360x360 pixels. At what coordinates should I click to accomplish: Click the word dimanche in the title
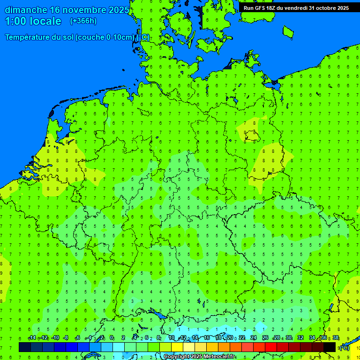tap(25, 10)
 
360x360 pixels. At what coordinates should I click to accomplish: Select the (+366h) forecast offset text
tap(83, 21)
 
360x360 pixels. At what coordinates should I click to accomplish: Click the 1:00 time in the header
tap(16, 21)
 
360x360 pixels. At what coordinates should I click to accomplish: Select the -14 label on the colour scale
tap(32, 338)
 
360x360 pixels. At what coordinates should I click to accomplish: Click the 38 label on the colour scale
tap(336, 338)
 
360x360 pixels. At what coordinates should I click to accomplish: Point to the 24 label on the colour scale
tap(254, 338)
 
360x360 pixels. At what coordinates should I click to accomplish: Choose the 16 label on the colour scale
tap(207, 338)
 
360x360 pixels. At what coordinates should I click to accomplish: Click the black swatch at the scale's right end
tap(330, 347)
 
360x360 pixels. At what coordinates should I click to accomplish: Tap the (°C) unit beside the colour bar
tap(344, 347)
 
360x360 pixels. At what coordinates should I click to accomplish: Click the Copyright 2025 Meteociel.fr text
tap(199, 357)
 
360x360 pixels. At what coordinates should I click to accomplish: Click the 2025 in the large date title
tap(118, 10)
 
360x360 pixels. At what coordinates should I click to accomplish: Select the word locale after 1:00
tap(44, 21)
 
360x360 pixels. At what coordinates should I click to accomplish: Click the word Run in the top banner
tap(248, 8)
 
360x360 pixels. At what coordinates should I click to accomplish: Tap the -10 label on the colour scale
tap(55, 338)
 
